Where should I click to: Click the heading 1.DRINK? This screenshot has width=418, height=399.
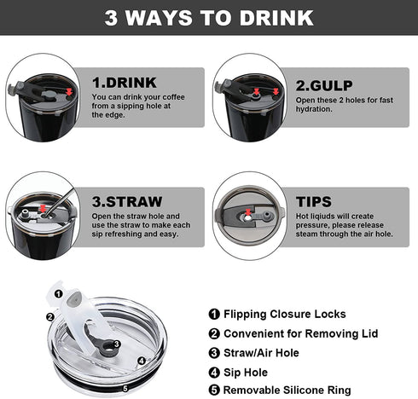click(125, 83)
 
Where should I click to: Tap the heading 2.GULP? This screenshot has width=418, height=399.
click(324, 85)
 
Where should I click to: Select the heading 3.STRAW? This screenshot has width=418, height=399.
click(127, 201)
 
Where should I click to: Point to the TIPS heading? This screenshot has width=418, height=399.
click(314, 201)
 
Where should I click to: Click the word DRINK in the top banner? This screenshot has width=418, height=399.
click(276, 18)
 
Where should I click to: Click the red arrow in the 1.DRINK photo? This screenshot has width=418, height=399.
click(69, 92)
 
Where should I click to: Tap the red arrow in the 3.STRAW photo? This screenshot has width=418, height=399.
click(43, 209)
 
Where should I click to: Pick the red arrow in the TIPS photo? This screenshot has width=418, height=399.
click(248, 211)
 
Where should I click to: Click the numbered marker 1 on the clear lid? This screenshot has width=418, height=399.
click(59, 293)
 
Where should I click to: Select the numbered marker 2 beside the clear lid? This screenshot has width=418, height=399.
click(50, 316)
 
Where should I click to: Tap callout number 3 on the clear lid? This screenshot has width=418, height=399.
click(117, 344)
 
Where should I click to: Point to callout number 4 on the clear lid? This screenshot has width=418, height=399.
click(142, 361)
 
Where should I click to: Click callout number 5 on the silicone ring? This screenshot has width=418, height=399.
click(125, 388)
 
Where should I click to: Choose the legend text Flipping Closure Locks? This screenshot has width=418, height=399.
click(285, 314)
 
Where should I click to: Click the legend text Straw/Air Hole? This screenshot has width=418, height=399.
click(261, 353)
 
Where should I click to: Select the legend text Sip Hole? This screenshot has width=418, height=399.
click(246, 373)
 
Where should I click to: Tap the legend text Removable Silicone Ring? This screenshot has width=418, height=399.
click(287, 390)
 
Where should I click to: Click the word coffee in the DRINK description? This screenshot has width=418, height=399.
click(173, 97)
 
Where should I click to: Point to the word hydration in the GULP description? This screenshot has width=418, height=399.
click(314, 109)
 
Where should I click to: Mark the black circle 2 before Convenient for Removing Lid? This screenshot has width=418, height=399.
click(214, 333)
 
